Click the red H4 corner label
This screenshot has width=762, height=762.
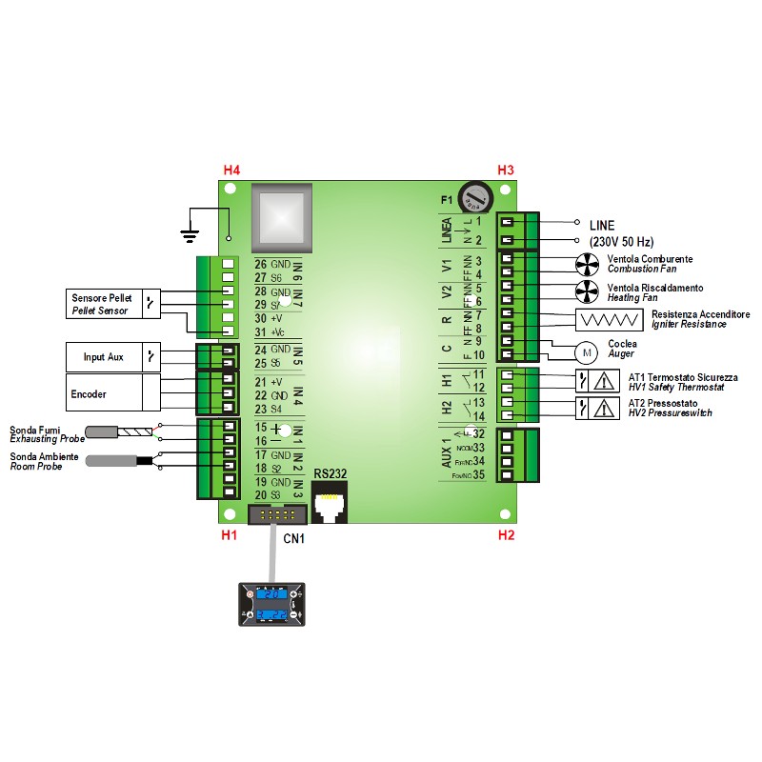(231, 170)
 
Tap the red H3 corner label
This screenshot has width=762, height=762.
(506, 170)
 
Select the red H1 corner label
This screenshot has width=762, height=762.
(229, 535)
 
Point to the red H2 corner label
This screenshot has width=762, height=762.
(506, 535)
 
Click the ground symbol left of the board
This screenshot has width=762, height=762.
(190, 231)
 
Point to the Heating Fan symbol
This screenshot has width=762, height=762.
(588, 291)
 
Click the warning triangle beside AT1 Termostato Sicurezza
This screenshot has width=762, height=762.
(605, 382)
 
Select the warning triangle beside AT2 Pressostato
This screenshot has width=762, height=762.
(605, 409)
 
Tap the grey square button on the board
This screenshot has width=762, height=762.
(281, 217)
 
